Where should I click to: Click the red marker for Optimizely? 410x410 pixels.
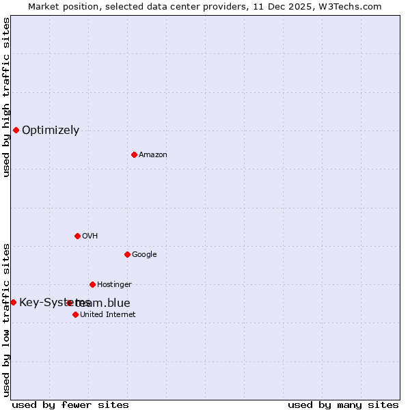(x=16, y=130)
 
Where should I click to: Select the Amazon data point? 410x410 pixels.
(x=134, y=154)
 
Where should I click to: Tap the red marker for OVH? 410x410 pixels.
(x=77, y=236)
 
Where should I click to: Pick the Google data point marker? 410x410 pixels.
(x=127, y=254)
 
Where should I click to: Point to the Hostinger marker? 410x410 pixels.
(x=92, y=284)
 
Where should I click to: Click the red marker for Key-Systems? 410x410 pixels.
(x=13, y=302)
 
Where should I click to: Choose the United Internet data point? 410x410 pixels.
(x=75, y=314)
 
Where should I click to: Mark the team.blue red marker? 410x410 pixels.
(x=70, y=303)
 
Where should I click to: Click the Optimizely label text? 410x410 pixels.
(x=51, y=131)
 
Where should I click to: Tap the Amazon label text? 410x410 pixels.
(x=153, y=155)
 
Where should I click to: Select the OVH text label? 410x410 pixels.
(x=90, y=236)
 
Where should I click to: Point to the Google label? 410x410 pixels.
(x=144, y=255)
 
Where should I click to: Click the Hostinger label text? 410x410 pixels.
(x=114, y=285)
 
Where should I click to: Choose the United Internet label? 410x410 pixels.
(x=107, y=315)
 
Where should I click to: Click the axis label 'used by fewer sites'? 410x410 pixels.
(x=70, y=405)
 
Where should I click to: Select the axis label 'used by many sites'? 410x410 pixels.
(x=343, y=405)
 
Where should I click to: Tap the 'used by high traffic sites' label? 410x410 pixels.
(x=6, y=97)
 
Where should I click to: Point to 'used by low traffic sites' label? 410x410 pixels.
(x=6, y=320)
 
